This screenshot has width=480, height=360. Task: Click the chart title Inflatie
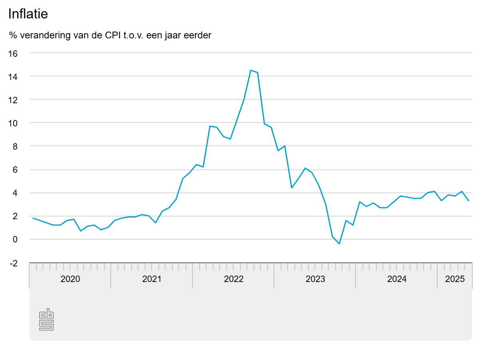pyautogui.click(x=28, y=14)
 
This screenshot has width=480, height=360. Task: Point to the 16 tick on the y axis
pyautogui.click(x=13, y=53)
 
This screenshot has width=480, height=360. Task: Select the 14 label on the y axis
pyautogui.click(x=13, y=76)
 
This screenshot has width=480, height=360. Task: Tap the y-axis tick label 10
pyautogui.click(x=13, y=123)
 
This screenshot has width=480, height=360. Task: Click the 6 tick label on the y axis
pyautogui.click(x=15, y=170)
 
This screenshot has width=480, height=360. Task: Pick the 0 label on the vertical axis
pyautogui.click(x=15, y=240)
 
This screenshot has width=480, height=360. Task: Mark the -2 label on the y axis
pyautogui.click(x=13, y=263)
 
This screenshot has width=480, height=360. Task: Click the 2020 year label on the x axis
pyautogui.click(x=70, y=279)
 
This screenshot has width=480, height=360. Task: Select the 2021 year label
pyautogui.click(x=152, y=279)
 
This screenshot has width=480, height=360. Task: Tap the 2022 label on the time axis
pyautogui.click(x=233, y=279)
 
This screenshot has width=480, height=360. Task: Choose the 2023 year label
pyautogui.click(x=315, y=279)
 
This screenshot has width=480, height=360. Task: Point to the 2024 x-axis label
pyautogui.click(x=397, y=279)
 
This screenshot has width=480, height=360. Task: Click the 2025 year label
pyautogui.click(x=455, y=279)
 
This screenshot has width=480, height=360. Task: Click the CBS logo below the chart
pyautogui.click(x=46, y=319)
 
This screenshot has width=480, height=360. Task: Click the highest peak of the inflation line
pyautogui.click(x=251, y=70)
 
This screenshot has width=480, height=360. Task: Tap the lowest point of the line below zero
pyautogui.click(x=339, y=244)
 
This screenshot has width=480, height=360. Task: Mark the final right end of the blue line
pyautogui.click(x=469, y=201)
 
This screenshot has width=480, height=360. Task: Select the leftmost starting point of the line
pyautogui.click(x=33, y=218)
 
